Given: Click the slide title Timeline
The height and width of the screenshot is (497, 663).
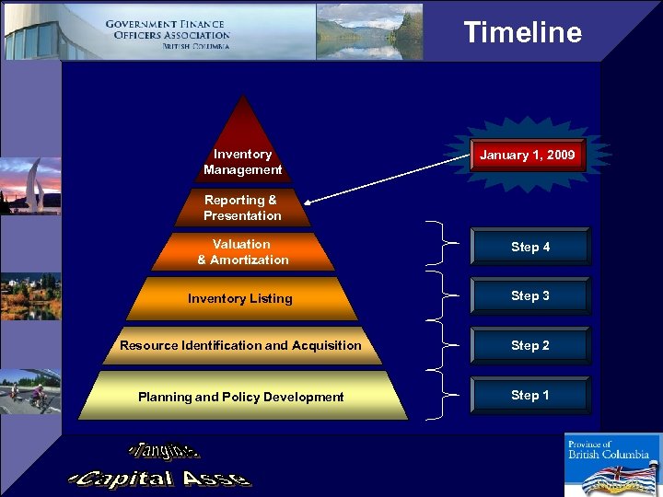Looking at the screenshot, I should (522, 32).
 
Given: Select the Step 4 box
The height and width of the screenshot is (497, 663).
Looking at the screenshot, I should (530, 247).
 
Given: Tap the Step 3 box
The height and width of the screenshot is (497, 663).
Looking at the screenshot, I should (530, 296).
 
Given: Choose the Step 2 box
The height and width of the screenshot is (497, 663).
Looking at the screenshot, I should (530, 346).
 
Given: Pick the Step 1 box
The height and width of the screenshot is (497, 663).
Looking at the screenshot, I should (530, 396).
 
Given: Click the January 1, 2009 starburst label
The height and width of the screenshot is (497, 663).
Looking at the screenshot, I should (527, 155).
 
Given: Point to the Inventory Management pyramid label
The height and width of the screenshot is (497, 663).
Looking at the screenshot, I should (242, 162).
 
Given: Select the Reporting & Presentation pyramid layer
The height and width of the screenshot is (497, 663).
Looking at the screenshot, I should (243, 208).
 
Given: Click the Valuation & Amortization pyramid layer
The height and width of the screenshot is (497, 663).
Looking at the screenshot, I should (243, 252).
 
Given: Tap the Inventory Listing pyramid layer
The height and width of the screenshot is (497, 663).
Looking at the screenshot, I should (240, 298).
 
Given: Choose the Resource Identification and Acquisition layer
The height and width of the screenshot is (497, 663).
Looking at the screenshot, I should (240, 345).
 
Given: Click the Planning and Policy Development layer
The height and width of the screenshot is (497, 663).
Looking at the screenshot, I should (240, 397).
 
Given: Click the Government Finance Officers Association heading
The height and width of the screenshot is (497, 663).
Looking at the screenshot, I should (167, 34).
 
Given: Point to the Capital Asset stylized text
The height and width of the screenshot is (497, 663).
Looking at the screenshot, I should (160, 479).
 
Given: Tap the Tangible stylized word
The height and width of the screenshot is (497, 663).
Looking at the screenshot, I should (165, 452).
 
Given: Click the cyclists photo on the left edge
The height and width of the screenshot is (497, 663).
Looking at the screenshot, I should (30, 392).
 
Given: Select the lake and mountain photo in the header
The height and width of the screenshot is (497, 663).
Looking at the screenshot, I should (368, 31).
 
